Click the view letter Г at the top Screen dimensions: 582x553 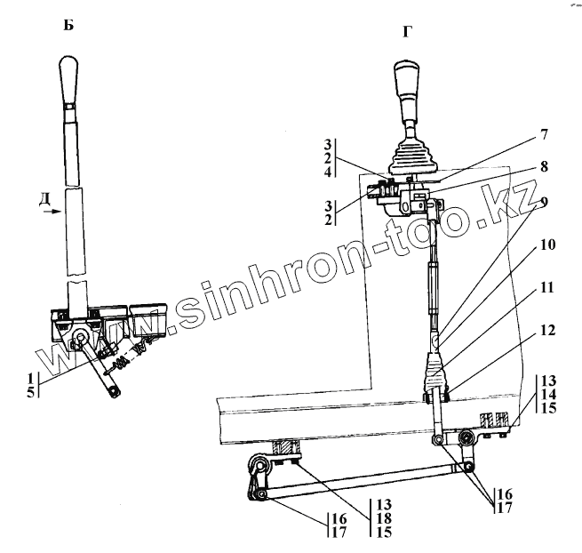click(408, 32)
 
